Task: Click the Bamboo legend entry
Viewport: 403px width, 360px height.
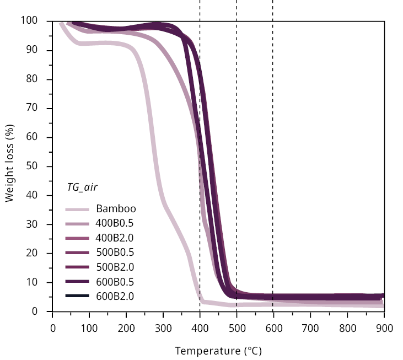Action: point(116,209)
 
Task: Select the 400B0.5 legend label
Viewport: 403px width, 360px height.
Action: point(115,223)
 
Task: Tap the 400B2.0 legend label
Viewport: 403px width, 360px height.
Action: point(115,238)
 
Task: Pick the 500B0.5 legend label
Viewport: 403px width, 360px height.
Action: point(115,252)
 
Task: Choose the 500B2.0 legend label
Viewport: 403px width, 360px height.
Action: point(115,267)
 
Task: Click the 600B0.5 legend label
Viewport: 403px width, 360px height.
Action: point(115,282)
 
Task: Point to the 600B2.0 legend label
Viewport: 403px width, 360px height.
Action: point(115,297)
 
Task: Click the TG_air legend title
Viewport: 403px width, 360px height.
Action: point(82,187)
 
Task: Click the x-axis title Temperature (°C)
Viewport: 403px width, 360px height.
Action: point(218,351)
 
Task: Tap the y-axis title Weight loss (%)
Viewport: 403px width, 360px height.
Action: point(9,166)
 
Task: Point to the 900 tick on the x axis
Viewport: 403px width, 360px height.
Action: point(384,327)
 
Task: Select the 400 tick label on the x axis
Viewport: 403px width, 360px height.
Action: point(200,327)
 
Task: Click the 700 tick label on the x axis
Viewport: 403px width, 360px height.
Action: point(310,327)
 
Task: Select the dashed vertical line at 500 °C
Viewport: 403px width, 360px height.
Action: point(237,138)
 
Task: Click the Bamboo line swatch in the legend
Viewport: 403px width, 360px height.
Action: point(77,209)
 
